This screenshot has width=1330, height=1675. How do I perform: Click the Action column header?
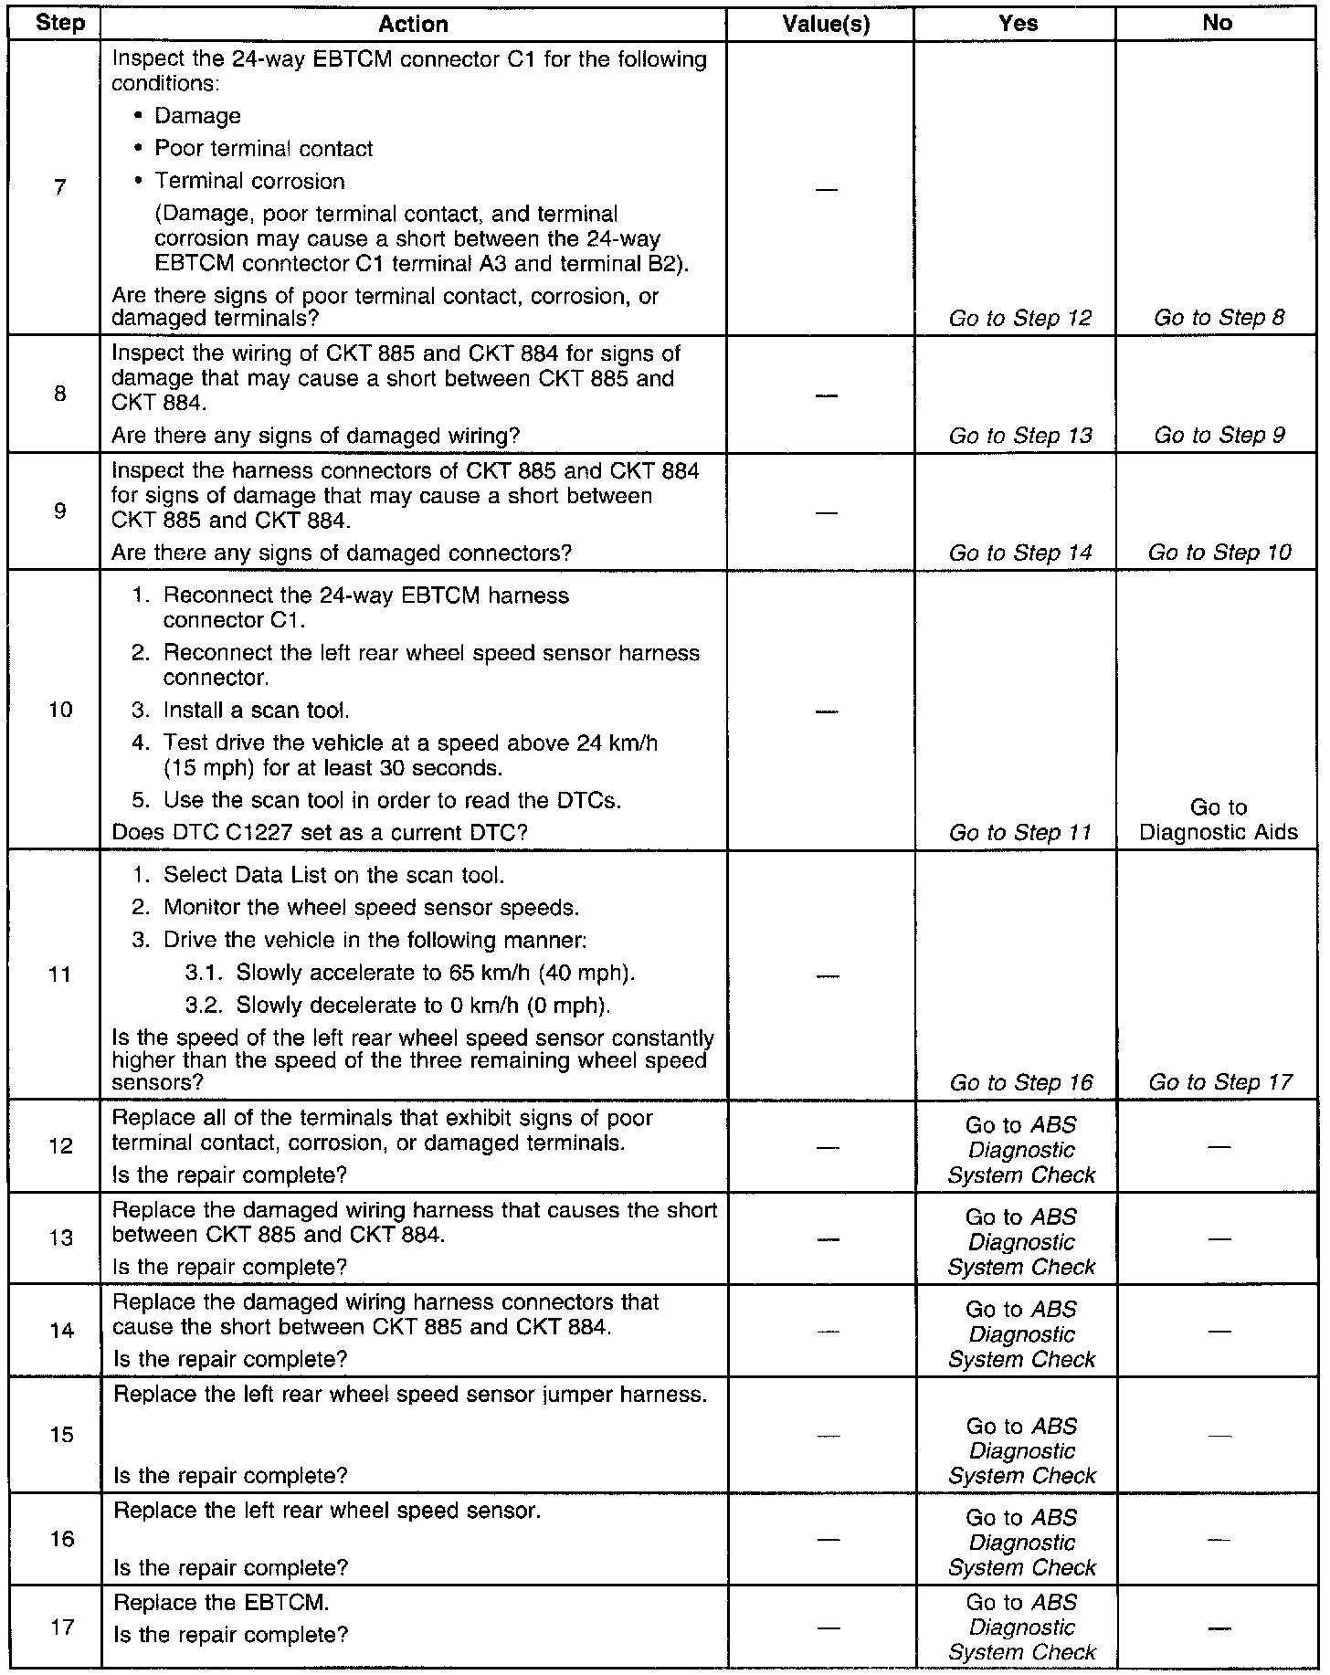point(413,24)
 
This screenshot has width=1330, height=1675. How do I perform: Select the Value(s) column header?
point(826,24)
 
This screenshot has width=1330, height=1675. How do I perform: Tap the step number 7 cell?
point(60,188)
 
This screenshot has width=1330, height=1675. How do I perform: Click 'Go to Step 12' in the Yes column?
point(1020,318)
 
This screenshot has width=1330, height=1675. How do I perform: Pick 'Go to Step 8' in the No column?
point(1219,318)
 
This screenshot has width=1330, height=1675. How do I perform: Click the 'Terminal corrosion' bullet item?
point(249,182)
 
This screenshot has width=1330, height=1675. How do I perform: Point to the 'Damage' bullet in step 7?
point(197,116)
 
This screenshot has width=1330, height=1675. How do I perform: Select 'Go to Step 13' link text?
point(1020,436)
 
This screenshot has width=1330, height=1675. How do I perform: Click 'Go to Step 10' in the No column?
point(1219,553)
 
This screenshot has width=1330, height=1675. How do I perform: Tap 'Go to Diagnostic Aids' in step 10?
point(1219,819)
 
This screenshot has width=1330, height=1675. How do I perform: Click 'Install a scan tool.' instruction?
point(256,711)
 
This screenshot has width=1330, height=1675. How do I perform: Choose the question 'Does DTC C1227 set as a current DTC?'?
point(320,833)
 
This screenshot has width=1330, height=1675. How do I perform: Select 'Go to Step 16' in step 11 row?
point(1020,1083)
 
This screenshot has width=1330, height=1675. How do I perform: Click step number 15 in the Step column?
point(61,1435)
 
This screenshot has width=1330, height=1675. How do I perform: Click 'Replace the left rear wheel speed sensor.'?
point(327,1511)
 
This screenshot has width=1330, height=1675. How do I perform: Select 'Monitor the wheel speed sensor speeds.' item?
point(371,908)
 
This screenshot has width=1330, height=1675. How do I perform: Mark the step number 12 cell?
point(61,1145)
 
